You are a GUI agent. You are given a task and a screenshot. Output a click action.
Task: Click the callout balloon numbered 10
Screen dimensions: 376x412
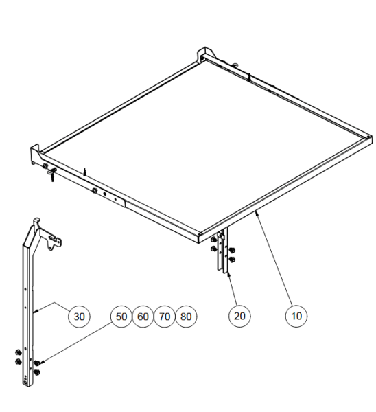click(x=296, y=316)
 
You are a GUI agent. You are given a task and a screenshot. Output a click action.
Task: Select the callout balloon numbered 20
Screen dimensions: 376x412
click(x=239, y=316)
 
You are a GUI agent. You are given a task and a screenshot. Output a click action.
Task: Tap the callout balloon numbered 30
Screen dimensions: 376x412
click(x=79, y=317)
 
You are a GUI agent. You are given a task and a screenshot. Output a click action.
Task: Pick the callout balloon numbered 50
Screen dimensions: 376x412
click(x=121, y=317)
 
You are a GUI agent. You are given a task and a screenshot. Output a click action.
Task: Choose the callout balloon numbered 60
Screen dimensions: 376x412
click(x=143, y=317)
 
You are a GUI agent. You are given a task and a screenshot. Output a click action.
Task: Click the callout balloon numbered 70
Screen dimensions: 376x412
click(x=165, y=317)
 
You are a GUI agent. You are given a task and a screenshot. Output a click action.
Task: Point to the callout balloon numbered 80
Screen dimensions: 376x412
click(x=186, y=317)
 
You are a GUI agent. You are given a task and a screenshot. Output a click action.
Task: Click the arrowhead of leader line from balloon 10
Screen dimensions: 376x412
click(x=257, y=213)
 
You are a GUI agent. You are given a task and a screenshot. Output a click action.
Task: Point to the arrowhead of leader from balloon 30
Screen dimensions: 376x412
click(x=36, y=312)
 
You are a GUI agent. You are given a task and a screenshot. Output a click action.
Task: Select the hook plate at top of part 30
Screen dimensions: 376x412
click(x=53, y=240)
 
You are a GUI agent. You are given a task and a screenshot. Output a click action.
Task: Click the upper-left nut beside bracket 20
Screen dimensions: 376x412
click(x=214, y=240)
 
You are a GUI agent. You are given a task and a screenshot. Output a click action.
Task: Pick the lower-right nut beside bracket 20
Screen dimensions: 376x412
click(x=232, y=260)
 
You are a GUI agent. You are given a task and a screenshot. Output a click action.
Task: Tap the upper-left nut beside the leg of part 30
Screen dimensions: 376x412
click(x=19, y=352)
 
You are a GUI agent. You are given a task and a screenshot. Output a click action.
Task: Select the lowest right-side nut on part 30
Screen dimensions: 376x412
click(x=37, y=372)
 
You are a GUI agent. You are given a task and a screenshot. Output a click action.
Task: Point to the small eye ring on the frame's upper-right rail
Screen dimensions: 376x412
click(x=235, y=65)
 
